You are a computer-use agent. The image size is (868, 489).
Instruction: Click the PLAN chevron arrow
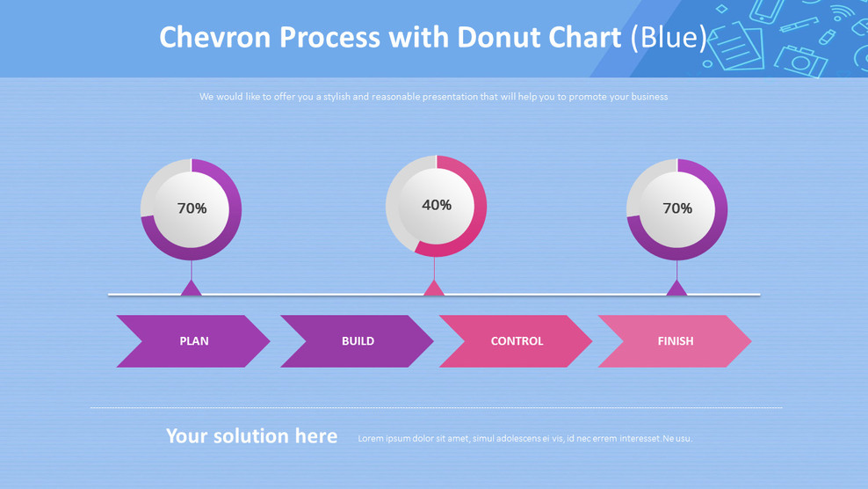tap(193, 341)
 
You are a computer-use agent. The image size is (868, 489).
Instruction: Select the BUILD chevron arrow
tap(357, 341)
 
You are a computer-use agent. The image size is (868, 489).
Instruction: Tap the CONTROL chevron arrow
tap(517, 341)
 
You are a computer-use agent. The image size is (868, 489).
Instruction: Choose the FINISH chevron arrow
tap(675, 341)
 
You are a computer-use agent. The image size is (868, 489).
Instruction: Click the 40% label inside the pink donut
tap(437, 205)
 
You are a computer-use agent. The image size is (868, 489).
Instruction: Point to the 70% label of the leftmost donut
tap(192, 208)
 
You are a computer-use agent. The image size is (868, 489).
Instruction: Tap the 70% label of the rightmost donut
tap(677, 208)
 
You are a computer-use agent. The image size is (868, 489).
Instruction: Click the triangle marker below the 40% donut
tap(434, 288)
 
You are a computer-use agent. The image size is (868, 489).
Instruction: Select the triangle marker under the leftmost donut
tap(192, 288)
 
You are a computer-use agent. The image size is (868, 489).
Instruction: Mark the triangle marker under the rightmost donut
tap(676, 288)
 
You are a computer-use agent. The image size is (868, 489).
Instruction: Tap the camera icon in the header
tap(800, 59)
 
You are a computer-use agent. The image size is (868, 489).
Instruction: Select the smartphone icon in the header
tap(765, 11)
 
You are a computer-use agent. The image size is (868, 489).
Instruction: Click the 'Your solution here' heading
tap(251, 436)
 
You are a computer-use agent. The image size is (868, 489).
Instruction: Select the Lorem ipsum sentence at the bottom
tap(524, 438)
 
